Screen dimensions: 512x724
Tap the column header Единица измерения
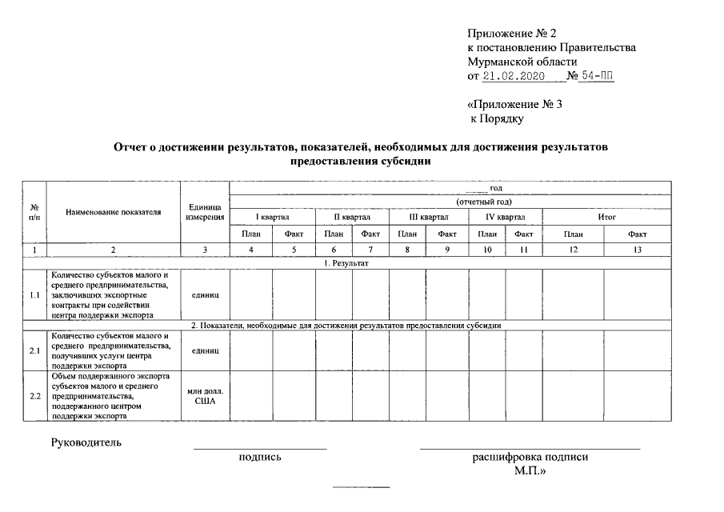205,212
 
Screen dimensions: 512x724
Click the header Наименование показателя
114,212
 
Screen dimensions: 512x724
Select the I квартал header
272,217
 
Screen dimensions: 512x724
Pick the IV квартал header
505,217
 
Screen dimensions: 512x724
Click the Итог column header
606,217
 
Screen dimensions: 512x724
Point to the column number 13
638,250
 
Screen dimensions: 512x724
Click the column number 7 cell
370,250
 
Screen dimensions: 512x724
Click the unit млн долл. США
205,396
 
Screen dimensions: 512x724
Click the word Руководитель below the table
86,442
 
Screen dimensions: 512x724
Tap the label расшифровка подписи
530,458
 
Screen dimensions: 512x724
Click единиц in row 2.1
205,350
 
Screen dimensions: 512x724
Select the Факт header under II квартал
370,234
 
